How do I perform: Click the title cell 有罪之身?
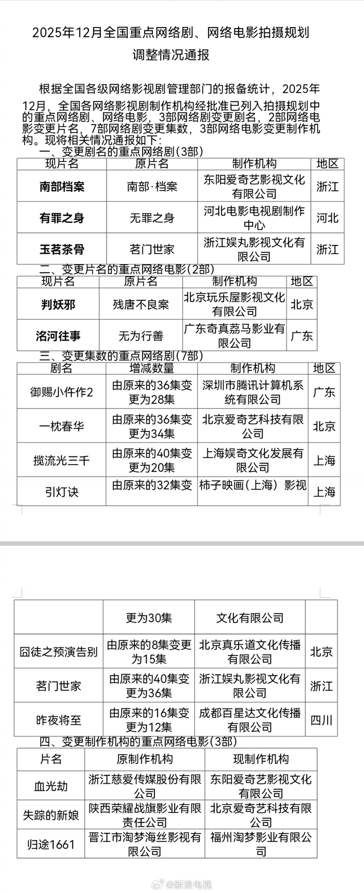(62, 218)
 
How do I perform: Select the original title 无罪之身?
(152, 218)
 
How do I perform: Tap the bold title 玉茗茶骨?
(62, 249)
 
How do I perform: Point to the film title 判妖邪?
(58, 305)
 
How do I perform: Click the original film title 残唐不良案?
(141, 305)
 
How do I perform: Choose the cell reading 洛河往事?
(58, 336)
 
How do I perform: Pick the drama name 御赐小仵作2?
(61, 392)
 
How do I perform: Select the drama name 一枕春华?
(61, 426)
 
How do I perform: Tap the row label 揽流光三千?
(61, 461)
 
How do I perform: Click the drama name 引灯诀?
(61, 492)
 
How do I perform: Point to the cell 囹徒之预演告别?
(58, 652)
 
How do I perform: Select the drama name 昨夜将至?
(58, 720)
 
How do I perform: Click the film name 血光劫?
(51, 786)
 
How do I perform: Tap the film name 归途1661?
(51, 845)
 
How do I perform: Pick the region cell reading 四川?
(321, 720)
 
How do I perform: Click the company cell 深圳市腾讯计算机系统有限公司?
(253, 392)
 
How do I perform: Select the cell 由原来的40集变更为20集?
(151, 461)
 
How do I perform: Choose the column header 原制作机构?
(145, 759)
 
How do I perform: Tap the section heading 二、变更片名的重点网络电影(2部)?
(126, 269)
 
